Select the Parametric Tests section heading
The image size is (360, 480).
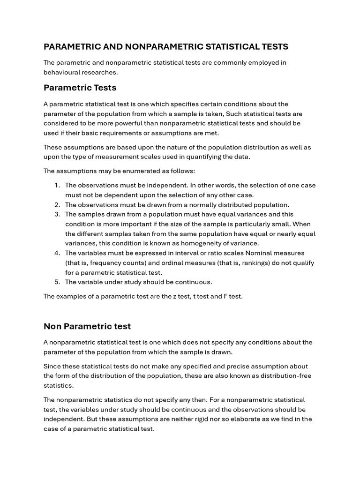pyautogui.click(x=80, y=88)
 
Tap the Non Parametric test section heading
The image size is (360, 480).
pyautogui.click(x=87, y=326)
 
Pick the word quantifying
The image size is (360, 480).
pyautogui.click(x=213, y=157)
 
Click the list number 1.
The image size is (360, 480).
pyautogui.click(x=57, y=185)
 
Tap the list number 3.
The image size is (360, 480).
pyautogui.click(x=57, y=214)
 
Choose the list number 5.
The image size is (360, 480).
pyautogui.click(x=57, y=282)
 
